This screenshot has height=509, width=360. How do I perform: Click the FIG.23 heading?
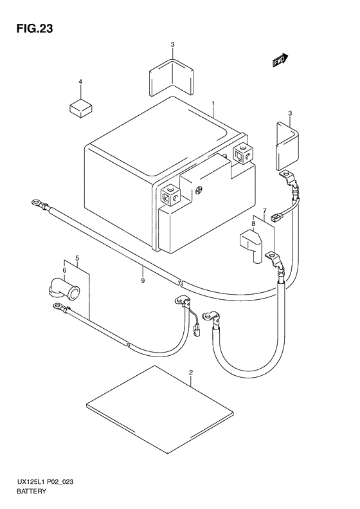(x=34, y=28)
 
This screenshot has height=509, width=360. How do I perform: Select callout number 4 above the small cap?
(x=80, y=82)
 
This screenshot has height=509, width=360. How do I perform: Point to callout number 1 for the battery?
(x=213, y=104)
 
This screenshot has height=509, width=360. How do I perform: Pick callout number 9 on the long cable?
(x=143, y=281)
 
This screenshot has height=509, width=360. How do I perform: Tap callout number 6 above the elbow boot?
(x=64, y=270)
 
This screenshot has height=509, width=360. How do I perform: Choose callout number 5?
(x=77, y=258)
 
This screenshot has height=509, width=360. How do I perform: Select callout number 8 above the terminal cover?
(x=253, y=223)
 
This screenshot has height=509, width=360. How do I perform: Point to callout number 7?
(x=264, y=210)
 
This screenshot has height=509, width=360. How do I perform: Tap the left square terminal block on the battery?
(x=170, y=195)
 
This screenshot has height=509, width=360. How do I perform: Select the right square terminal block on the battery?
(x=243, y=154)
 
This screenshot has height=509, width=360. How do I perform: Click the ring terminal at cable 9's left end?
(x=35, y=203)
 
